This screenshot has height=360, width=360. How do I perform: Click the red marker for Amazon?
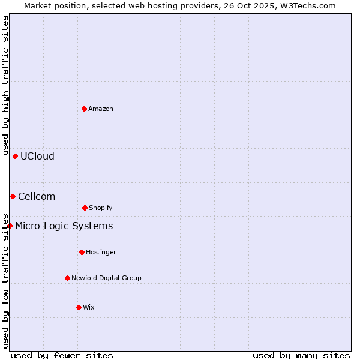(84, 109)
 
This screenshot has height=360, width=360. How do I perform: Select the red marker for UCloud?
(15, 156)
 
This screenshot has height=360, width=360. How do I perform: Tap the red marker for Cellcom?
(13, 196)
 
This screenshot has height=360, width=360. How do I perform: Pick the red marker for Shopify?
(85, 208)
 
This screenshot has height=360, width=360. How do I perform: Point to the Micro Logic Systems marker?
(10, 226)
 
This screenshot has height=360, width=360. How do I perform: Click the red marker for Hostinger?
(82, 252)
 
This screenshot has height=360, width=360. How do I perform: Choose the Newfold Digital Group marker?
(67, 278)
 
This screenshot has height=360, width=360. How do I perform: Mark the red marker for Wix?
(79, 307)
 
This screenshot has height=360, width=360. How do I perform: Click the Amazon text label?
(101, 109)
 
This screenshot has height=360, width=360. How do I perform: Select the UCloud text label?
(37, 156)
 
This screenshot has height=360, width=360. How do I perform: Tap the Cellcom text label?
(37, 196)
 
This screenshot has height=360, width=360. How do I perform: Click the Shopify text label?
(101, 208)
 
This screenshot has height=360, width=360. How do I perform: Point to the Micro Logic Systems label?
(64, 226)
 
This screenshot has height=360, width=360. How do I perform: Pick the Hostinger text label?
(101, 252)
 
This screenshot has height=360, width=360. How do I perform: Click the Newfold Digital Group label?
(106, 278)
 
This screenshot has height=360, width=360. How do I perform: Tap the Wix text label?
(89, 307)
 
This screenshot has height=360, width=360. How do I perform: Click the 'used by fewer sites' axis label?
(62, 355)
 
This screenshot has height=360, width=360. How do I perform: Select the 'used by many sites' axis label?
(301, 355)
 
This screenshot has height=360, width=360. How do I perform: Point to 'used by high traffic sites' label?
(5, 85)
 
